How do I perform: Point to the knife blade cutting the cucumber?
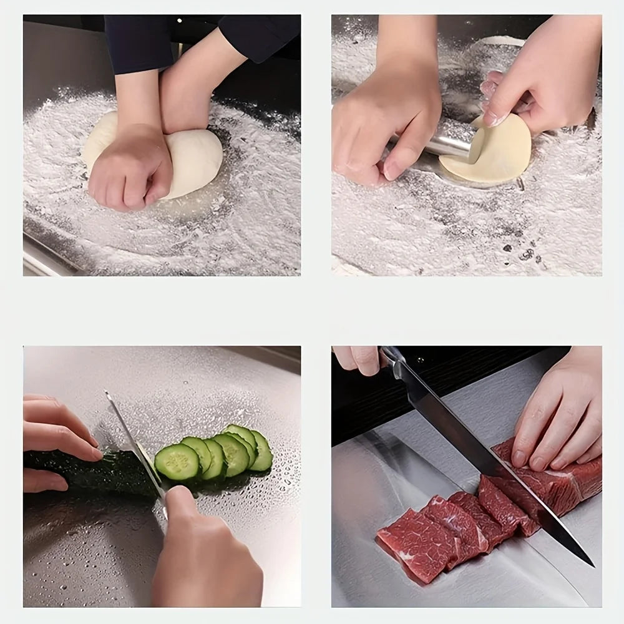coord(134,443)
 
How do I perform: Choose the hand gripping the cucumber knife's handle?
coord(200,549)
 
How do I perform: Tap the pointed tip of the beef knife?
coord(592,565)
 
